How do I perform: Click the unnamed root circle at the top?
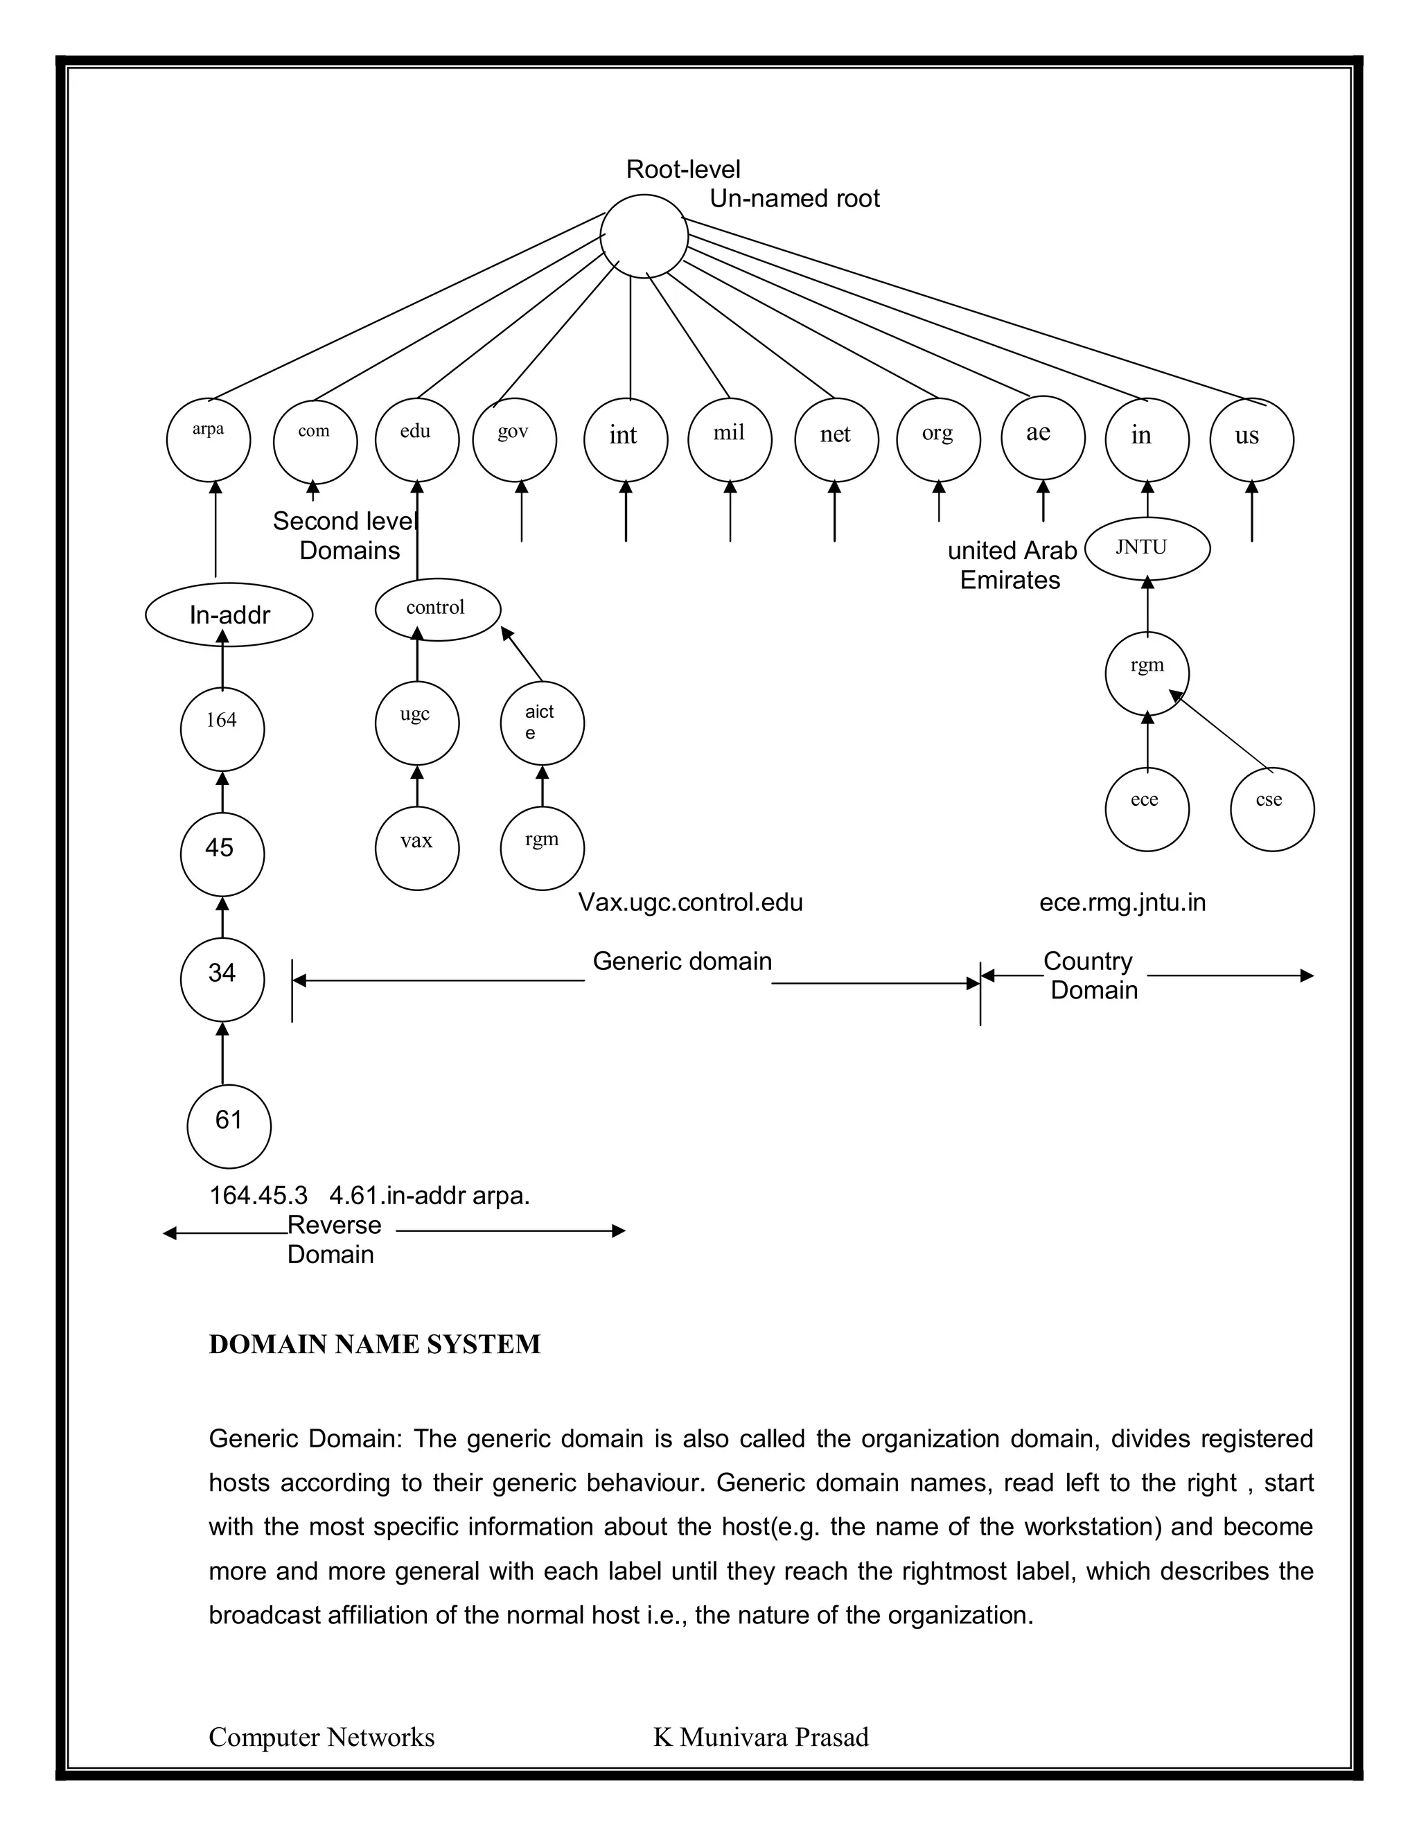click(x=644, y=236)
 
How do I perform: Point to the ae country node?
click(x=1042, y=439)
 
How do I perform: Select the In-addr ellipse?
click(x=229, y=615)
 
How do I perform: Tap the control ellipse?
click(x=437, y=608)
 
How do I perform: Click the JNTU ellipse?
click(x=1147, y=548)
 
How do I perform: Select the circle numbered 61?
click(x=229, y=1126)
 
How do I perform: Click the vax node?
click(x=417, y=847)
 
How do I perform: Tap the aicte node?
click(x=543, y=723)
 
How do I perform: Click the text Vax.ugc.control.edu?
click(x=690, y=903)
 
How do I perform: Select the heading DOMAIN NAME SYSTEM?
click(x=375, y=1344)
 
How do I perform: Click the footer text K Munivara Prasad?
click(x=761, y=1737)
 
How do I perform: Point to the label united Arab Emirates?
click(x=1012, y=565)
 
